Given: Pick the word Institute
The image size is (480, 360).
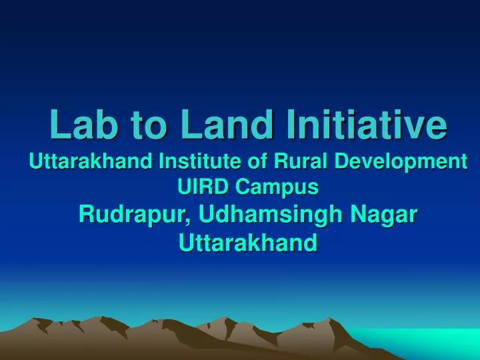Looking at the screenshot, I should pyautogui.click(x=191, y=162).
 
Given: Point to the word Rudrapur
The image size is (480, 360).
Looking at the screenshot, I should pyautogui.click(x=133, y=215).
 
